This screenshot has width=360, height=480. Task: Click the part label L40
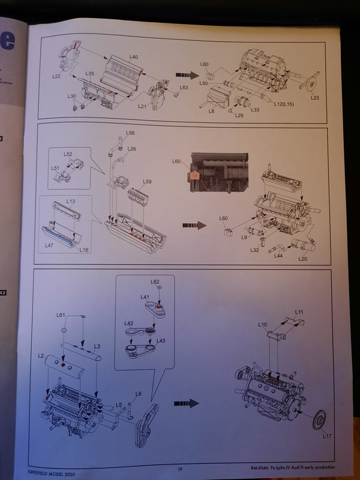[133, 57]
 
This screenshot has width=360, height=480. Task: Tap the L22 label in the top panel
[57, 77]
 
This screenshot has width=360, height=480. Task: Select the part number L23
[316, 98]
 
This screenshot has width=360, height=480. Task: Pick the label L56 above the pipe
[130, 133]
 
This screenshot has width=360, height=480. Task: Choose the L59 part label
[148, 181]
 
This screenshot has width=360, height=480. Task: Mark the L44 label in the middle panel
[278, 256]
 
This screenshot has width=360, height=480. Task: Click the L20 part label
[303, 259]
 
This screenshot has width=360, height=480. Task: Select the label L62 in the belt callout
[155, 281]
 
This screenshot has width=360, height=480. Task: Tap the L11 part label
[299, 312]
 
